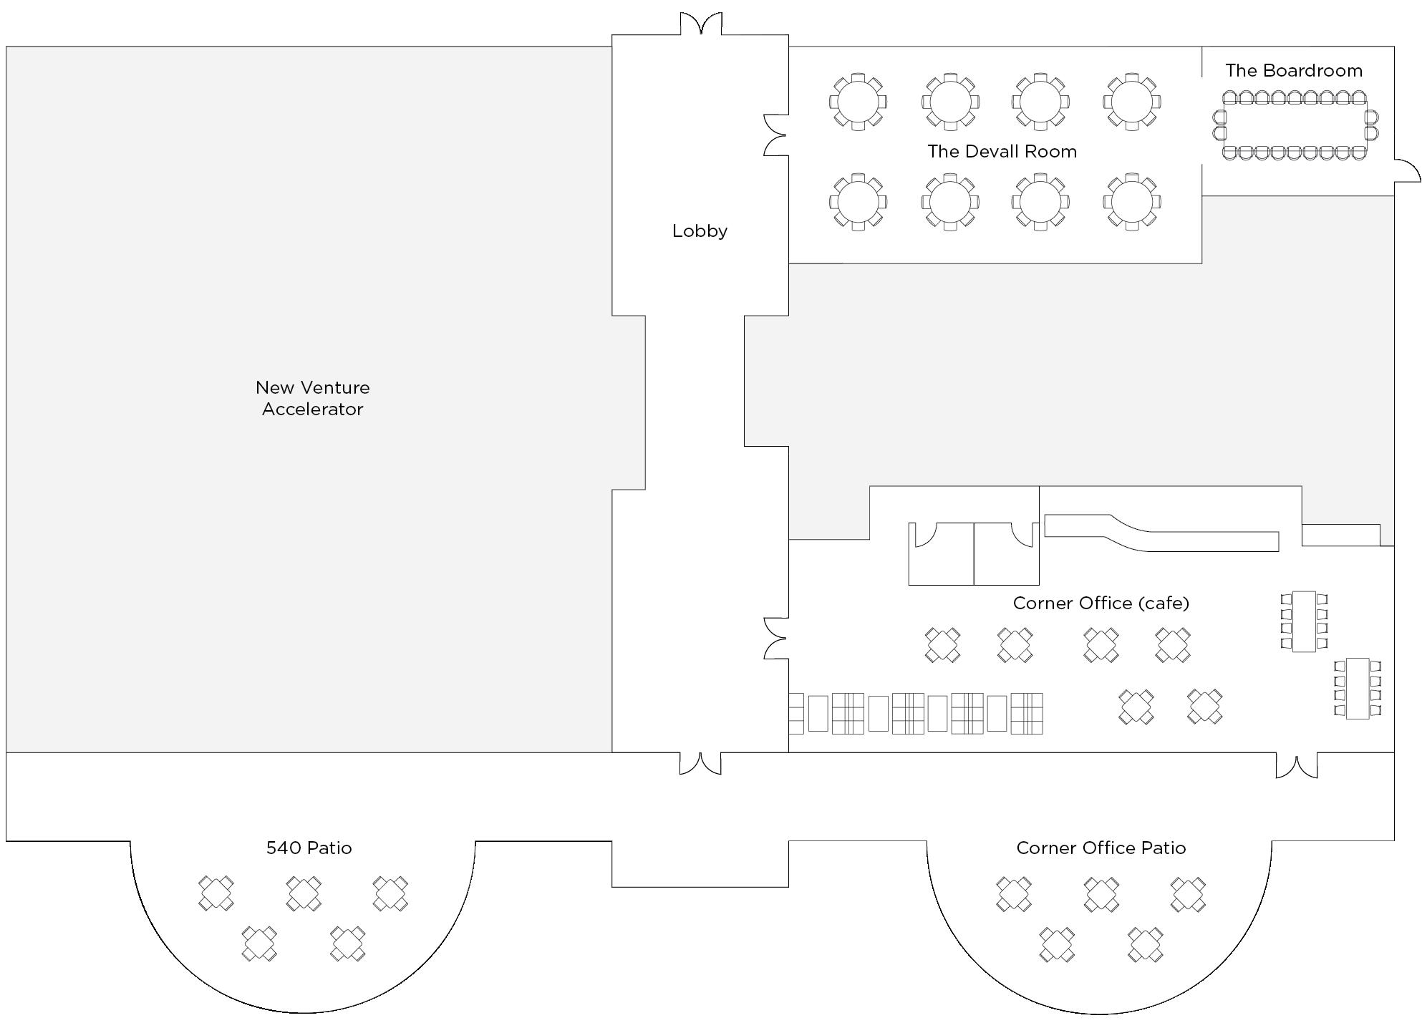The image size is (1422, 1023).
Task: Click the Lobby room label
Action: pos(700,231)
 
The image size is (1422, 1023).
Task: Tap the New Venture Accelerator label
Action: pos(312,398)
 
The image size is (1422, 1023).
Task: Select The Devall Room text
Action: pos(1002,152)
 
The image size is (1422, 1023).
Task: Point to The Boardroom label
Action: pos(1293,71)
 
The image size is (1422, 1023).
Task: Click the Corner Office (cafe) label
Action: pos(1101,603)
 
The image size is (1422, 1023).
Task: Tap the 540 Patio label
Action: pos(309,848)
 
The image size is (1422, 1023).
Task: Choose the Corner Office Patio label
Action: pos(1101,848)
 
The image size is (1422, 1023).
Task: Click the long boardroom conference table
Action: pos(1295,126)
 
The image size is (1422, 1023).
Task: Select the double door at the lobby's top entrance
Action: pos(700,24)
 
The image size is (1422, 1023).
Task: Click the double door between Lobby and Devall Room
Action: pos(776,135)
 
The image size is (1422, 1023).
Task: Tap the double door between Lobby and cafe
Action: pos(776,638)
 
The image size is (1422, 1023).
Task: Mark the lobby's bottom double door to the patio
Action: pos(700,763)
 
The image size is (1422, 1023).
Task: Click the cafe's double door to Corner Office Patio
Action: pos(1296,765)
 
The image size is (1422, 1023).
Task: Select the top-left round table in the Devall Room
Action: pos(858,102)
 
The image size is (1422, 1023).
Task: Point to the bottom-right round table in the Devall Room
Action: pos(1131,202)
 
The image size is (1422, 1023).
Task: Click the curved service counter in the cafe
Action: pos(1160,533)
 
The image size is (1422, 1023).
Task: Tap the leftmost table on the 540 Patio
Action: pos(216,893)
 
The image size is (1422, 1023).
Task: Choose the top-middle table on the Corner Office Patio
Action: pos(1101,894)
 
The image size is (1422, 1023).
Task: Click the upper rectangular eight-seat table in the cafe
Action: pos(1303,621)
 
